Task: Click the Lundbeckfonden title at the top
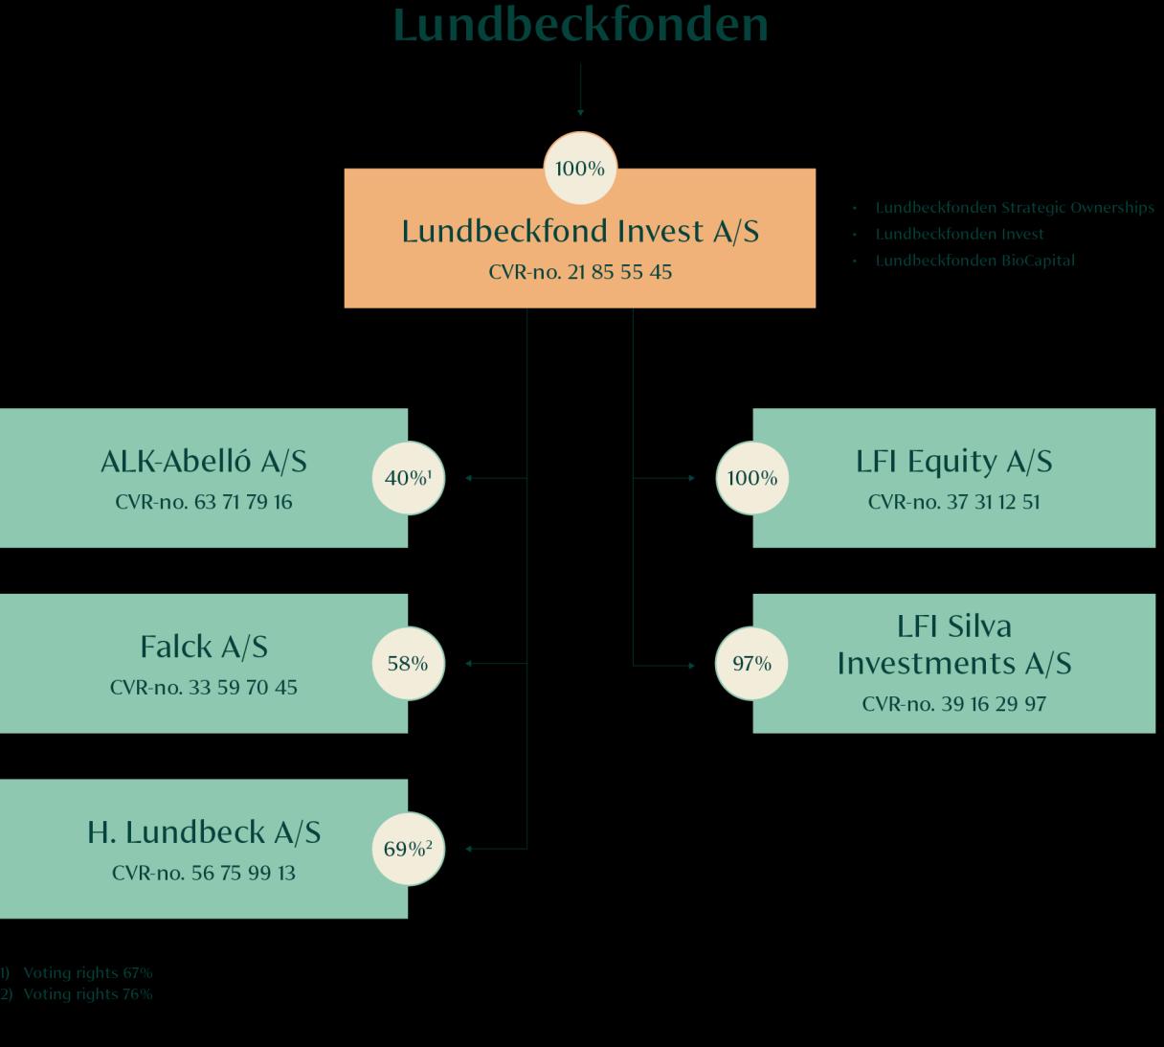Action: (580, 25)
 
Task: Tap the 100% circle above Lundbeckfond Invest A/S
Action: (580, 169)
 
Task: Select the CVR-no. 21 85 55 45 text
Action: (580, 272)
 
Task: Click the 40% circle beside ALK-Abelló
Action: (409, 477)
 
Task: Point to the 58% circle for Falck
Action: (408, 663)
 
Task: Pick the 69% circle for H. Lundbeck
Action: (408, 849)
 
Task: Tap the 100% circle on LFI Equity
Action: (752, 477)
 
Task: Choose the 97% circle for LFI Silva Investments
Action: (751, 663)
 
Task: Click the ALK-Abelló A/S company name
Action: (204, 462)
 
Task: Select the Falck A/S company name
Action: (204, 648)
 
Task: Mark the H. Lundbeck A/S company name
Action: (204, 832)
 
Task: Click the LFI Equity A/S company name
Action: (953, 462)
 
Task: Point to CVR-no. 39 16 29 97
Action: (953, 704)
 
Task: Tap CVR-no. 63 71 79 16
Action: (204, 502)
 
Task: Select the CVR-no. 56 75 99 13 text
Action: (204, 874)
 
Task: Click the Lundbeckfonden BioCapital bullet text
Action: (974, 261)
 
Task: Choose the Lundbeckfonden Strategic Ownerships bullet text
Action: (1015, 208)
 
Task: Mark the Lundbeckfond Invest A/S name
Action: (580, 232)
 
